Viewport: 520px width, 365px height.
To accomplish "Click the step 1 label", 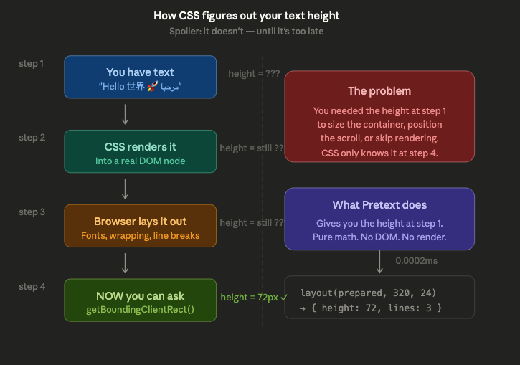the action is (31, 63).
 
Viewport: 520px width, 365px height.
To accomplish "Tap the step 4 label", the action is (32, 286).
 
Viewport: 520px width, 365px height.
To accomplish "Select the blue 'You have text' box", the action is (141, 77).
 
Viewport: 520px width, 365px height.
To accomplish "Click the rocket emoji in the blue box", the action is (153, 87).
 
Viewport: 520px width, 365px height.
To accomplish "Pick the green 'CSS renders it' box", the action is (141, 151).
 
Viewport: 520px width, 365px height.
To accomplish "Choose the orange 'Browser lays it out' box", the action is (141, 226).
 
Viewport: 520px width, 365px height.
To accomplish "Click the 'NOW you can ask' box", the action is (141, 300).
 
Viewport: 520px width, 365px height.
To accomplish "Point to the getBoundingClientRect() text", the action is (141, 310).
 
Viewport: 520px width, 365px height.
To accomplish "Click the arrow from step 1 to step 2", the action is (125, 114).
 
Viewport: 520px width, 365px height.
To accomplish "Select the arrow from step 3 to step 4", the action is (125, 263).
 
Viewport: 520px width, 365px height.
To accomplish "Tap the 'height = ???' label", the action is (254, 73).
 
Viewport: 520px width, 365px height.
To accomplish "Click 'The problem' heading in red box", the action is (379, 91).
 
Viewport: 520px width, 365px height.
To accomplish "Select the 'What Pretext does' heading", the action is (379, 205).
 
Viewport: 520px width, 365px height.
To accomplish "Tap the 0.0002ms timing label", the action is (416, 261).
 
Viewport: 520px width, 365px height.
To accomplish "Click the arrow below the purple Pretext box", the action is (379, 262).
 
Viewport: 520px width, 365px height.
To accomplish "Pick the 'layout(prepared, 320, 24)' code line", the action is (368, 293).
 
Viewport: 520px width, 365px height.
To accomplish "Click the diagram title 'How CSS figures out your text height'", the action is (247, 16).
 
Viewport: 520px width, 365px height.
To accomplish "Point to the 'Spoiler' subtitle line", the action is (247, 31).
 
